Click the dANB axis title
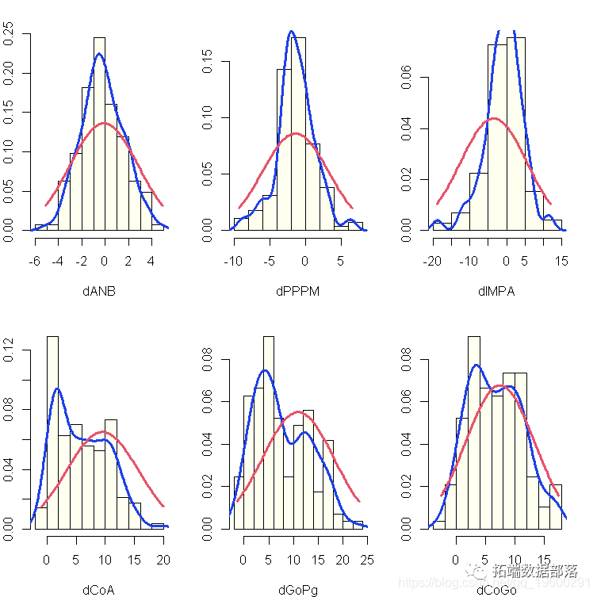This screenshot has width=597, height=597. pos(98,291)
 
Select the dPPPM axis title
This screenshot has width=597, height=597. pos(297,291)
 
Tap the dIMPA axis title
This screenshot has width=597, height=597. pos(496,291)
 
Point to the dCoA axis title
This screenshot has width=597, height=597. pos(98,589)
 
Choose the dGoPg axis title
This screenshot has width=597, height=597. pos(297,589)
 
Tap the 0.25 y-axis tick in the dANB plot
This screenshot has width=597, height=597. pos(10,33)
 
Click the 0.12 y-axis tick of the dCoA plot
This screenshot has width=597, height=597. pos(10,350)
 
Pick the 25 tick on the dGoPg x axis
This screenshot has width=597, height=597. pos(367,561)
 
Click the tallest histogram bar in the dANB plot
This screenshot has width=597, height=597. pos(99,135)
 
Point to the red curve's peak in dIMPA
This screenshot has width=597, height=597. pos(493,118)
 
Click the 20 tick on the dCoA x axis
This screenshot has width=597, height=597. pos(163,561)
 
